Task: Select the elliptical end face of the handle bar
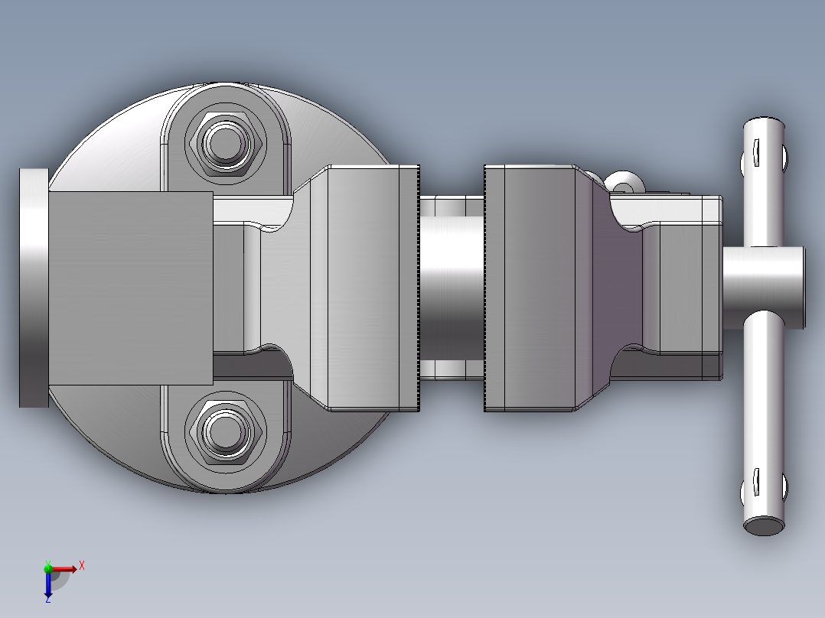pyautogui.click(x=765, y=525)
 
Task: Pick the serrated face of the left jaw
pyautogui.click(x=419, y=288)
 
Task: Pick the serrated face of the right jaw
pyautogui.click(x=486, y=288)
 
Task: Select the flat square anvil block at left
pyautogui.click(x=130, y=288)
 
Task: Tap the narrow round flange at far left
pyautogui.click(x=33, y=288)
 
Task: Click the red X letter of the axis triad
pyautogui.click(x=82, y=566)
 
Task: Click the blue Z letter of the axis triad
pyautogui.click(x=47, y=600)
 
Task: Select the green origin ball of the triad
pyautogui.click(x=48, y=568)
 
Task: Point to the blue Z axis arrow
pyautogui.click(x=48, y=586)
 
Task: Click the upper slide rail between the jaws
pyautogui.click(x=452, y=205)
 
